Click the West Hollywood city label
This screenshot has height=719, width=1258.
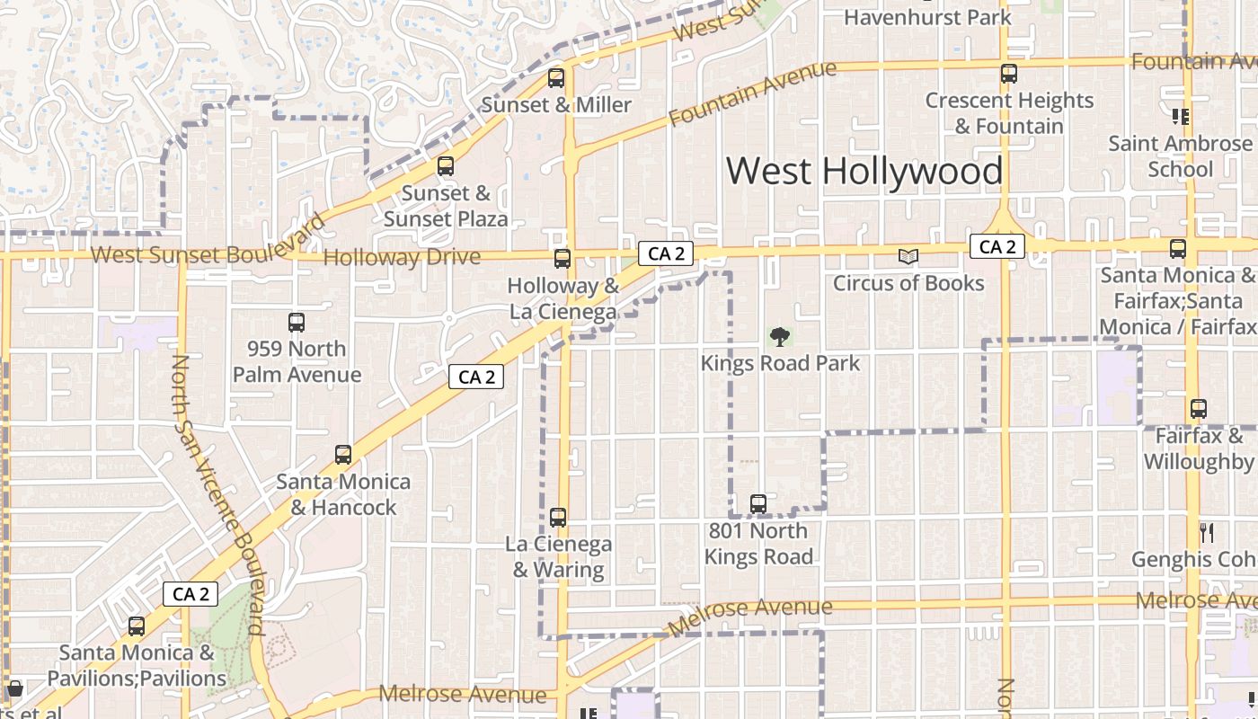coord(864,171)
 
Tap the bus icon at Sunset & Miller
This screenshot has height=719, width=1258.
coord(556,78)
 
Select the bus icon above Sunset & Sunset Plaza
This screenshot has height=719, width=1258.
coord(446,166)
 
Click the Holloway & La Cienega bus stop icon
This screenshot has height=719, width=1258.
coord(563,259)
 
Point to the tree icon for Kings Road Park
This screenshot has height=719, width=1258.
coord(780,337)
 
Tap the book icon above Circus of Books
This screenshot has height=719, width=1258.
coord(908,257)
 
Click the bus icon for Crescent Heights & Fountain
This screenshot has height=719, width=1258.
coord(1009,74)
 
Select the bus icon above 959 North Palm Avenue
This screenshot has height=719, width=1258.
coord(297,322)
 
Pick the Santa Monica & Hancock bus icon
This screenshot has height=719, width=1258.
coord(343,455)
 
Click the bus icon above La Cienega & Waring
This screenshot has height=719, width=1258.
coord(558,518)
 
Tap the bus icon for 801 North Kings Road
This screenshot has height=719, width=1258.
coord(758,503)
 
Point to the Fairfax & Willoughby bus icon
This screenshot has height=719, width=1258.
coord(1198,409)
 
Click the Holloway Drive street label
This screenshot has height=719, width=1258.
coord(402,258)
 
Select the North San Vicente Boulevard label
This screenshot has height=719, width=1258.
coord(218,494)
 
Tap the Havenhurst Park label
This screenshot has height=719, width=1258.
coord(927,16)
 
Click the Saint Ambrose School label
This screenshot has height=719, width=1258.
coord(1180,156)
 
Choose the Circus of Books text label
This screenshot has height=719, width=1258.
coord(908,283)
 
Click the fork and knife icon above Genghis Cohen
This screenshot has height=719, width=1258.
coord(1207,533)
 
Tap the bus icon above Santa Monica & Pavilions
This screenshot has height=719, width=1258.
coord(137,626)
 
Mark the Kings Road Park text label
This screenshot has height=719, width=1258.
coord(780,363)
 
